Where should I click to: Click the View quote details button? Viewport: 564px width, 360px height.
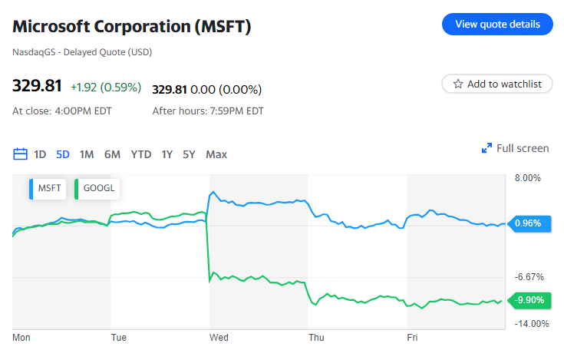coord(497,24)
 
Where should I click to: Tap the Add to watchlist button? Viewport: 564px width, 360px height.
coord(497,84)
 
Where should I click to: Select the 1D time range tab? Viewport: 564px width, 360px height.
coord(40,154)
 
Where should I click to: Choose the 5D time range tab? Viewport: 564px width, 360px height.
coord(63,154)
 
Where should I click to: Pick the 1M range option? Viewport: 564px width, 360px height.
coord(87,154)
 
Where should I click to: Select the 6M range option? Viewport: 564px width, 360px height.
coord(112,154)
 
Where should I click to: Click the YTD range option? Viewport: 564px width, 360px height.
coord(141,154)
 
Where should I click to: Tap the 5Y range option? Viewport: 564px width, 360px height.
coord(189,154)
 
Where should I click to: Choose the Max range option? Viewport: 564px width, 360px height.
coord(216,154)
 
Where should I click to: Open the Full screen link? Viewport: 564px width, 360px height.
coord(515,148)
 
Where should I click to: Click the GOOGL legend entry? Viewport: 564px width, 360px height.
coord(97,188)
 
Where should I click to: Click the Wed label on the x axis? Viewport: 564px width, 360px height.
coord(219,337)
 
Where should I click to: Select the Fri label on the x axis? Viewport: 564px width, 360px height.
coord(412,337)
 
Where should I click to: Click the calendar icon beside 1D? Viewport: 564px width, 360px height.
coord(21,154)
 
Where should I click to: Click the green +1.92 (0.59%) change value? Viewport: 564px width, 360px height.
coord(106,88)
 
